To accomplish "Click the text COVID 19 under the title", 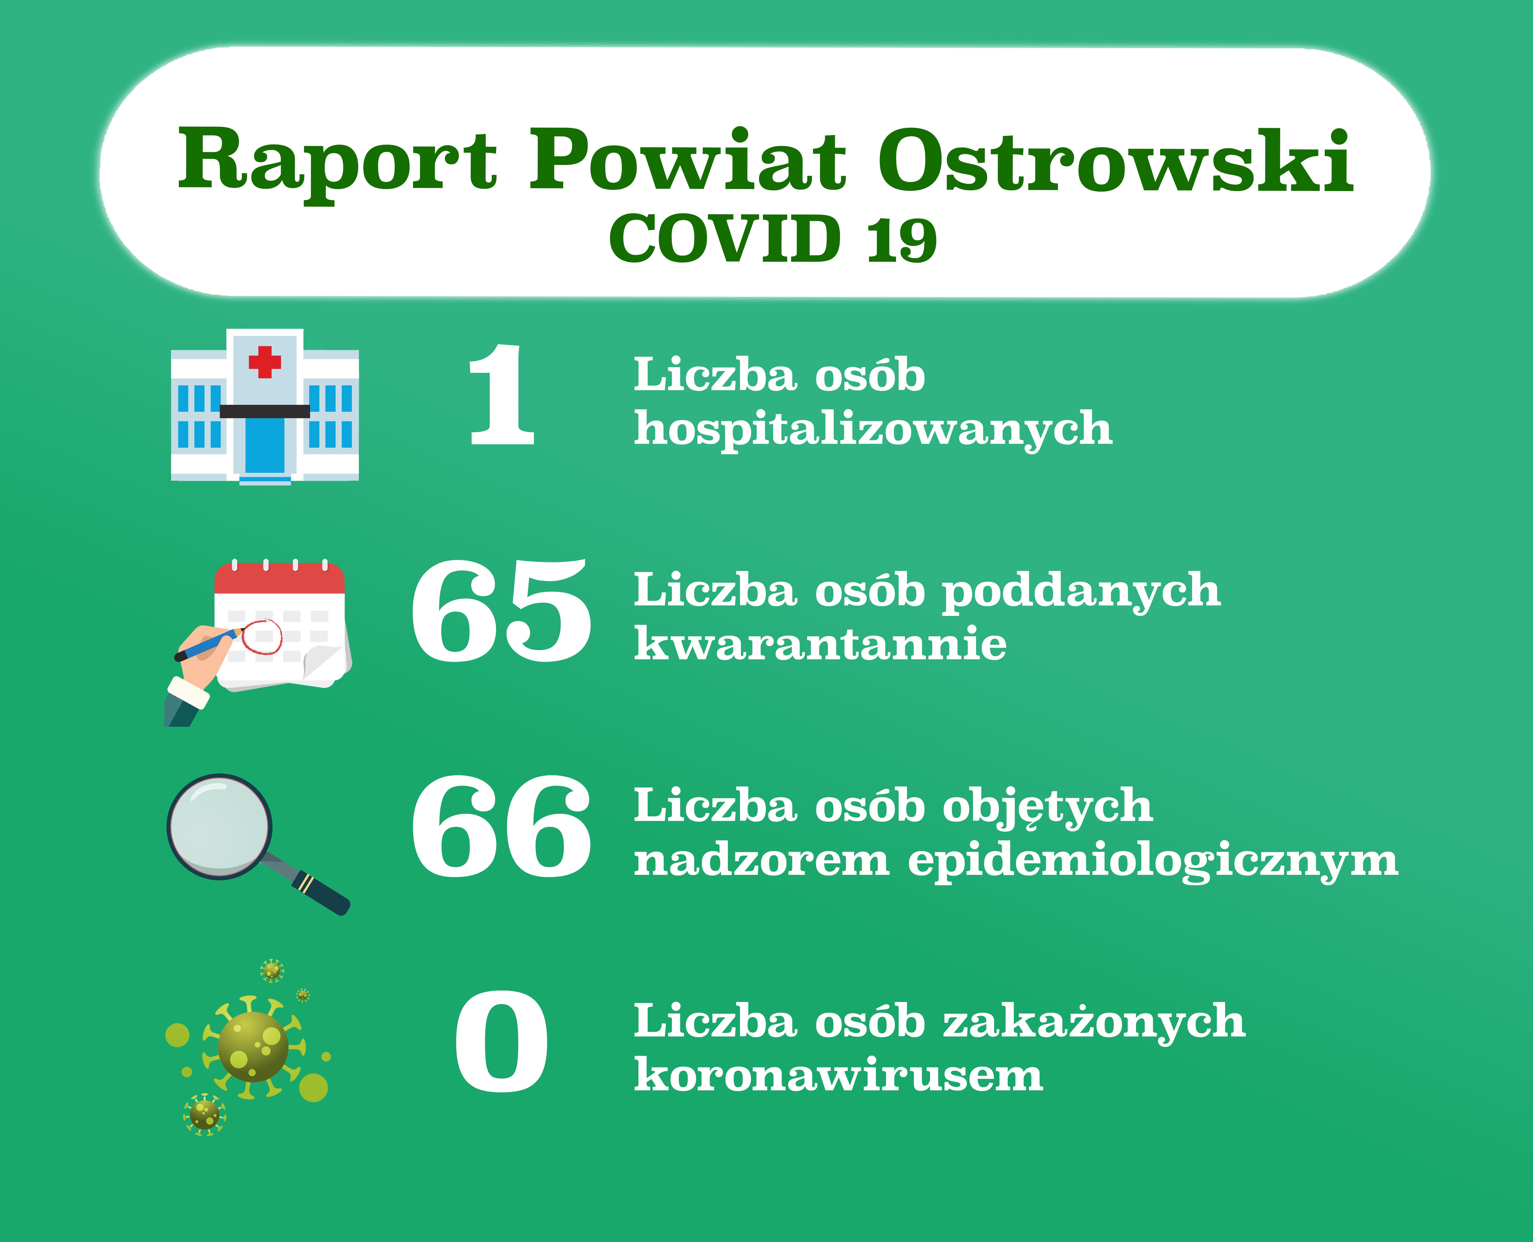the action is tap(773, 238).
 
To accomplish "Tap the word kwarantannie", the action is tap(820, 642).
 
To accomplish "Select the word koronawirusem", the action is tap(839, 1074).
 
